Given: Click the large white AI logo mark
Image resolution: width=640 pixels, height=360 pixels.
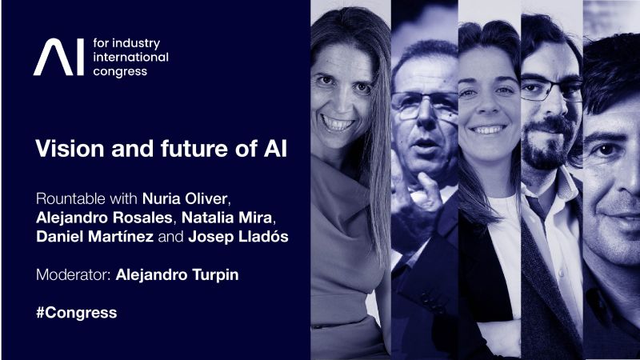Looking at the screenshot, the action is pos(58,57).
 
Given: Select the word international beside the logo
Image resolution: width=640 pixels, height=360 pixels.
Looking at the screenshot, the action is pos(130,57).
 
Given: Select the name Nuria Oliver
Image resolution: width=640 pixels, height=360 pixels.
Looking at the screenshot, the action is pos(185,198).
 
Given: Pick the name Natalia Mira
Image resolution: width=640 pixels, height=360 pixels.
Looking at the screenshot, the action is pos(226,218).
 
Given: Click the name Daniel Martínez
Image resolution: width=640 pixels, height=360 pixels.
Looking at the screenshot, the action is pos(94,236).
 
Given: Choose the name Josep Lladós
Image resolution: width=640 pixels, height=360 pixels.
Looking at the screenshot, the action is pos(238,236).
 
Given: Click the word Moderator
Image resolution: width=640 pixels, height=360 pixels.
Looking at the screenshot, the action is pos(73,274).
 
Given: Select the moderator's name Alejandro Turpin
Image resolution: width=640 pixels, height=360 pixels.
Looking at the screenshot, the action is pos(177,274).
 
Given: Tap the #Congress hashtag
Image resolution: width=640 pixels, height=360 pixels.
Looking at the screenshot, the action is pos(76,313).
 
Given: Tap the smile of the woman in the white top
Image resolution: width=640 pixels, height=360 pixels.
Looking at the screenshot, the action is pos(488,130).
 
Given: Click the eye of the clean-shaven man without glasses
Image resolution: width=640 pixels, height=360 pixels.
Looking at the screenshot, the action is pos(606,150).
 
